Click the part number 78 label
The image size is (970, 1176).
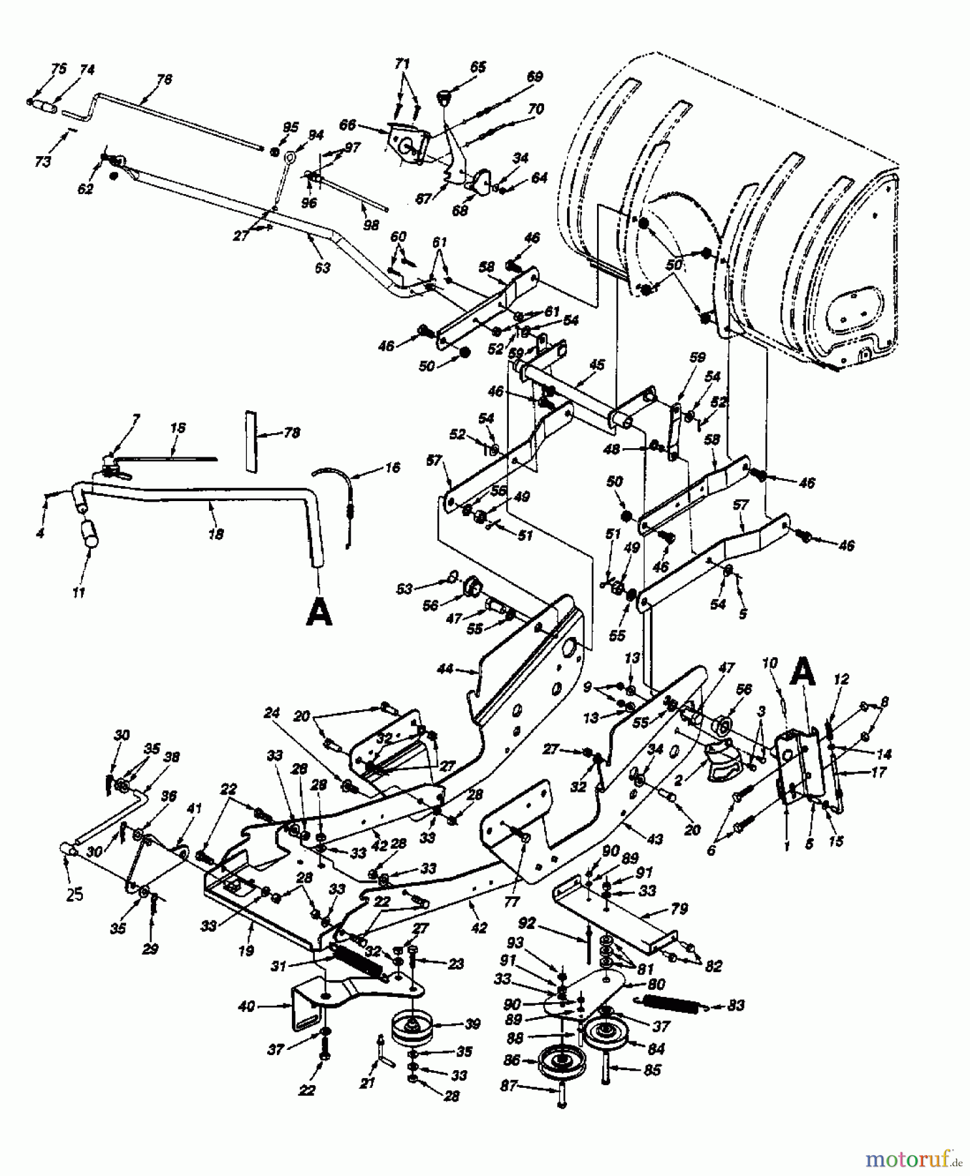pos(291,433)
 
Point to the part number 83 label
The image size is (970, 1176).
pos(736,1005)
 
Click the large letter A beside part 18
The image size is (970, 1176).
pos(319,613)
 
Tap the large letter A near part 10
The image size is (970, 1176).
pos(802,672)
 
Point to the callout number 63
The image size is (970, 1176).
pos(322,267)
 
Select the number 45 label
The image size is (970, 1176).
pos(596,366)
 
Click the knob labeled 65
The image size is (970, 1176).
pos(447,96)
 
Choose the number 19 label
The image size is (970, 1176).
pos(246,951)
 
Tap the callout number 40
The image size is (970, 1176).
pos(246,1007)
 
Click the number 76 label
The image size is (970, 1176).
pos(164,80)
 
